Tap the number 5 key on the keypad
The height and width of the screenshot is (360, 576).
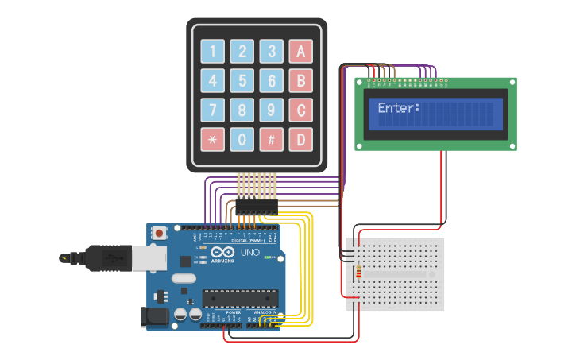(x=242, y=81)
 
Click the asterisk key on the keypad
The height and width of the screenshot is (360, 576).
(x=212, y=140)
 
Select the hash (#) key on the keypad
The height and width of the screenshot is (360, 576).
(x=272, y=140)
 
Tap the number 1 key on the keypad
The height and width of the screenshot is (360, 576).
(x=212, y=52)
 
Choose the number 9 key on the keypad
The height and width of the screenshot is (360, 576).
(x=272, y=110)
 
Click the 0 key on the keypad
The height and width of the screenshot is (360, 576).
(x=242, y=140)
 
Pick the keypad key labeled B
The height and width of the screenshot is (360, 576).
(x=300, y=81)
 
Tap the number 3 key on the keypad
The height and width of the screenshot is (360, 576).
(x=272, y=52)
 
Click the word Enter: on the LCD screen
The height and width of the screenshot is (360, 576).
(x=398, y=108)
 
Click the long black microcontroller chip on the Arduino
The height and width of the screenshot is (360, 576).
(x=240, y=298)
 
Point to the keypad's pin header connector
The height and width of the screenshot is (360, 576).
(x=257, y=205)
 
